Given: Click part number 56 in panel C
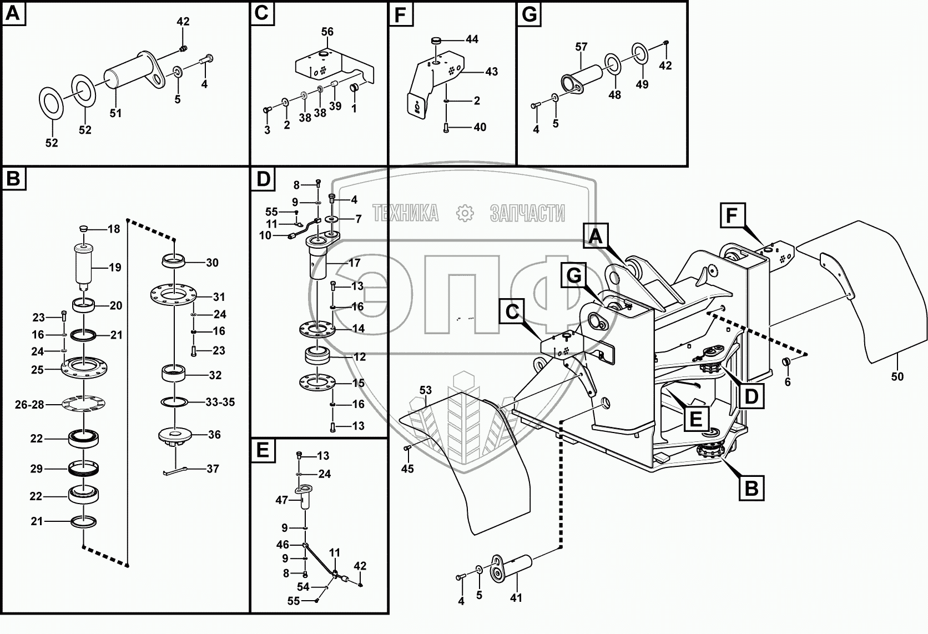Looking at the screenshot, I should tap(327, 32).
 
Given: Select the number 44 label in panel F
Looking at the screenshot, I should tap(472, 39).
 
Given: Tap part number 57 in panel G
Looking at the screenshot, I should tap(581, 47).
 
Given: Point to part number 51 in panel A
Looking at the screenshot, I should tap(115, 113).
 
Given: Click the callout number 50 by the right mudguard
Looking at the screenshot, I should tap(897, 376).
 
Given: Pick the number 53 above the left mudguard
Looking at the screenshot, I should tap(425, 390).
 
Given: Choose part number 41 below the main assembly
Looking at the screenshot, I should tap(516, 598).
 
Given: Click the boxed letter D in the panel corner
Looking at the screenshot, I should tap(263, 179).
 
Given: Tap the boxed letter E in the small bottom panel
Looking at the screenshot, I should tap(263, 451).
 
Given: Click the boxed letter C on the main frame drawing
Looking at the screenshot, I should tap(512, 311).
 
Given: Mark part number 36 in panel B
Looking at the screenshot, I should tap(214, 435).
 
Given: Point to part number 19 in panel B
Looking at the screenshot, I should tap(114, 268).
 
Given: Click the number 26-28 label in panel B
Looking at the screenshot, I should tap(29, 405).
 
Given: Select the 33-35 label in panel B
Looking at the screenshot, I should tap(220, 402).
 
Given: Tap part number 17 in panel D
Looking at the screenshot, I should tap(354, 263).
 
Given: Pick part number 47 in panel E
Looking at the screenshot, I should tap(282, 500).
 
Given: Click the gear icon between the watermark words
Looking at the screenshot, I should tap(464, 213).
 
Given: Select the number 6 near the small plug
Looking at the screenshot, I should tap(787, 382).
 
